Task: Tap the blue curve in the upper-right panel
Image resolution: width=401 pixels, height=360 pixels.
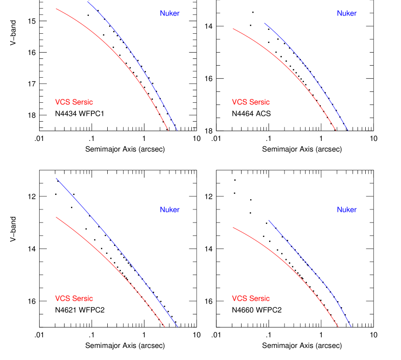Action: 309,68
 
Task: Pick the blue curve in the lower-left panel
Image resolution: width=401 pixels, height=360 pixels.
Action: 116,246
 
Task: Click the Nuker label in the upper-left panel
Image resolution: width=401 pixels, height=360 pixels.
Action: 170,14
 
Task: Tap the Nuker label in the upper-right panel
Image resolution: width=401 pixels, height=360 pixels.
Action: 346,14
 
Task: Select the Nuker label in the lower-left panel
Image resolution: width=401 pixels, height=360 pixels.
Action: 170,210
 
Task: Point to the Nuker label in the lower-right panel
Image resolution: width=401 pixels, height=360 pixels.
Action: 346,210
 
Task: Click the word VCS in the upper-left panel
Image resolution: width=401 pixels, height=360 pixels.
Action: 62,102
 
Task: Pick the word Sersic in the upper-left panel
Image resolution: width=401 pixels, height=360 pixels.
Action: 82,102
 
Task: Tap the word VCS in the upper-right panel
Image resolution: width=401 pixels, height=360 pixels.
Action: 239,102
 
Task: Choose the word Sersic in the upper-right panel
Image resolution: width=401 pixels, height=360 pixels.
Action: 259,102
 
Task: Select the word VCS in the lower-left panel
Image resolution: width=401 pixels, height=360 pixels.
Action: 62,299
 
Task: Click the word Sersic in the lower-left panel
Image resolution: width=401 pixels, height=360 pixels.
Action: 82,299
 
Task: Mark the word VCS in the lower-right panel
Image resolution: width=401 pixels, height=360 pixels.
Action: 239,299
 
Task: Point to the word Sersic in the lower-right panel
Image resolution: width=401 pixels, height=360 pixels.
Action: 259,299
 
